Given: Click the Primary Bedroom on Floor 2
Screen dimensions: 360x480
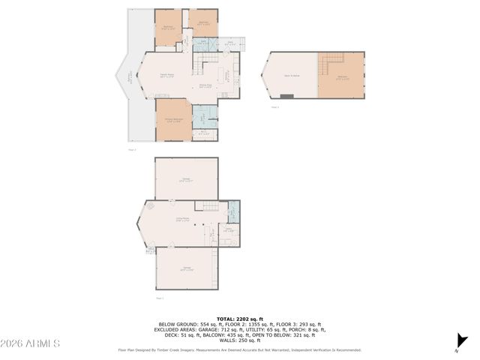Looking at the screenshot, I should pyautogui.click(x=173, y=120).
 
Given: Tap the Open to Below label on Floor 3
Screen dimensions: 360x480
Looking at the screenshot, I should pyautogui.click(x=292, y=76).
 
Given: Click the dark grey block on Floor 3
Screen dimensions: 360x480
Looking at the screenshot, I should pyautogui.click(x=286, y=96).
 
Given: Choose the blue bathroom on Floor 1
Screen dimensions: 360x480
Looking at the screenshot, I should pyautogui.click(x=232, y=212).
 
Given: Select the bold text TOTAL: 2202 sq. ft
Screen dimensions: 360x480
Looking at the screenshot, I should pyautogui.click(x=239, y=319).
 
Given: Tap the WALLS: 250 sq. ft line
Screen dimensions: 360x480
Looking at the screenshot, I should pyautogui.click(x=239, y=340).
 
